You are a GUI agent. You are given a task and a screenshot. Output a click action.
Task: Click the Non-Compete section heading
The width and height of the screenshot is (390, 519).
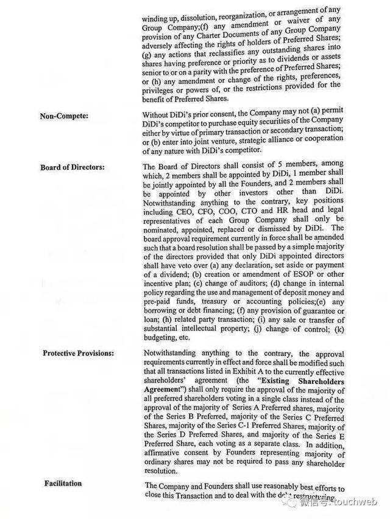pos(62,116)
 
